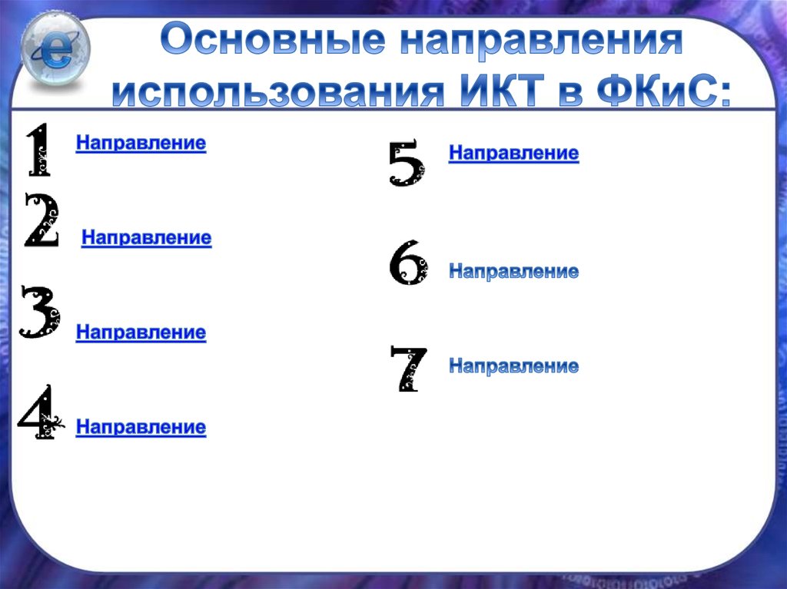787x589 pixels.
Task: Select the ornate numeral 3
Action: [x=39, y=312]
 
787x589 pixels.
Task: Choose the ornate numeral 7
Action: [x=407, y=369]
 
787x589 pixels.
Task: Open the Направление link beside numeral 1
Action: [x=141, y=144]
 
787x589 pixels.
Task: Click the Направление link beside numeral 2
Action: [x=146, y=238]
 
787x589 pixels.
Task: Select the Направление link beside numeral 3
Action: [x=141, y=333]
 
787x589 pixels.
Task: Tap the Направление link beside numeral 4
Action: [x=141, y=427]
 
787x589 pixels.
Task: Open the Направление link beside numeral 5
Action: [x=513, y=154]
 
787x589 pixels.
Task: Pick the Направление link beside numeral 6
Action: [x=513, y=271]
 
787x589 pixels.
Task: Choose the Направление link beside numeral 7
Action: [x=513, y=366]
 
